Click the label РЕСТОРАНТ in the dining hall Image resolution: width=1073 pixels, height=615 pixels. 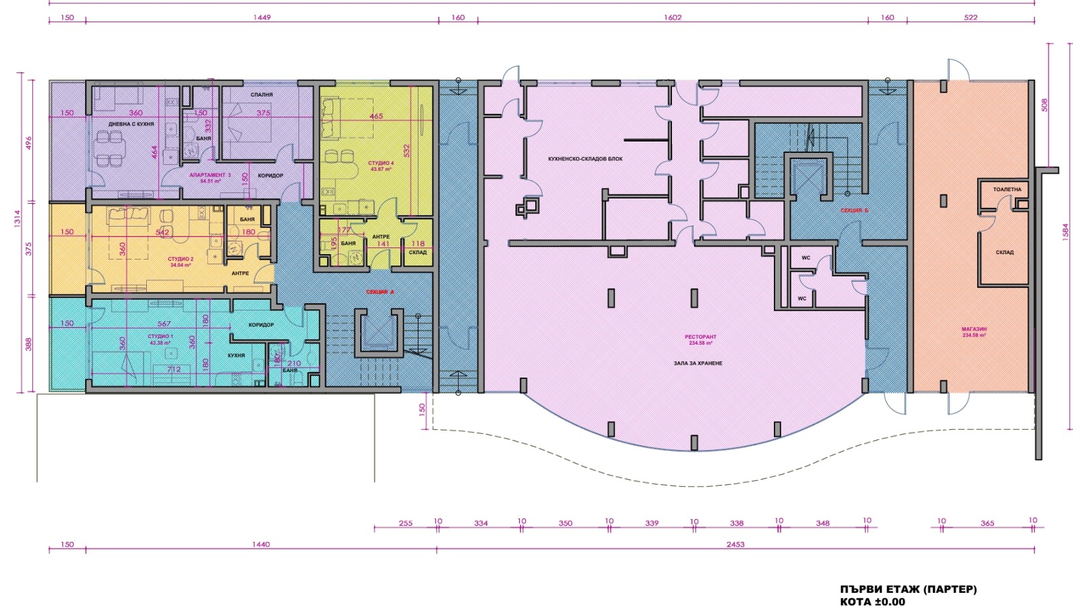(700, 337)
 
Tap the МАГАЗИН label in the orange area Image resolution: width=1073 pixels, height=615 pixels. (974, 329)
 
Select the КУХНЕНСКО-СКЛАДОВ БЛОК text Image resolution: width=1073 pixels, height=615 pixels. (585, 159)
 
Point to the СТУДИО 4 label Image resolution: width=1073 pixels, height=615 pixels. (381, 164)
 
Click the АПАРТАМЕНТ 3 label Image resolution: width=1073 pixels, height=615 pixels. (210, 175)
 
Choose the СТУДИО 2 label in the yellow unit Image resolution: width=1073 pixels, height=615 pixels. (180, 259)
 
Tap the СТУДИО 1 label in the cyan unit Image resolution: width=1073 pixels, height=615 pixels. (160, 337)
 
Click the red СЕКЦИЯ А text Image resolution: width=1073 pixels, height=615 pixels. (380, 292)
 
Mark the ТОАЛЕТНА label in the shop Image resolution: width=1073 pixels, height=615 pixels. (1007, 190)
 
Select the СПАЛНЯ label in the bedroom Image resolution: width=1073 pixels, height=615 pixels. (262, 95)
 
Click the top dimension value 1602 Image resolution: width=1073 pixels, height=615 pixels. (673, 17)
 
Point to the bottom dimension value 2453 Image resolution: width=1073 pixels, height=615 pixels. (735, 545)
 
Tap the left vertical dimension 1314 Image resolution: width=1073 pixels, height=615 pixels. (17, 218)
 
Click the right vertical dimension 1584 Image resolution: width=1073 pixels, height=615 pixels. (1065, 231)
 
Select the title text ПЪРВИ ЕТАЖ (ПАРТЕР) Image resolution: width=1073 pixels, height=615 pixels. (908, 590)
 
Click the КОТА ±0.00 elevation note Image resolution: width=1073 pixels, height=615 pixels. (872, 602)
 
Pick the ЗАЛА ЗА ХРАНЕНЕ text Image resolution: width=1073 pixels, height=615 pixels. (698, 363)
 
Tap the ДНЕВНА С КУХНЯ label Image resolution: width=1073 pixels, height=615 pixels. (131, 124)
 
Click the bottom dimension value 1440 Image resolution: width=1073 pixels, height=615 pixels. (261, 545)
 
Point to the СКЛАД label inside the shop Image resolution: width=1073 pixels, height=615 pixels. (1004, 253)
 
